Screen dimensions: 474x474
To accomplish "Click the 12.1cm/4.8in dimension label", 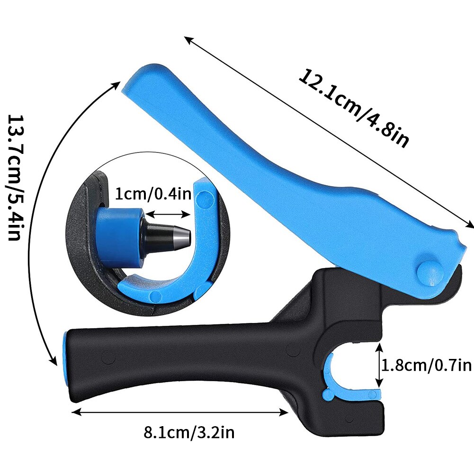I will tap(353, 107).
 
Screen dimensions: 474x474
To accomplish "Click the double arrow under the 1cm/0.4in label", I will tap(168, 215).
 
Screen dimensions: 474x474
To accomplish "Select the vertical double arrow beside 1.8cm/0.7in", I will tap(379, 366).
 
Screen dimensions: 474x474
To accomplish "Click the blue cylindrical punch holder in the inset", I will tap(116, 234).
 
